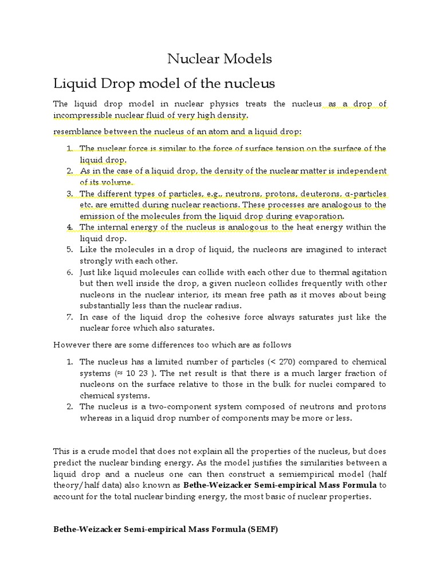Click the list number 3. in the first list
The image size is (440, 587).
click(x=69, y=194)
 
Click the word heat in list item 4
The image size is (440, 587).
click(x=305, y=228)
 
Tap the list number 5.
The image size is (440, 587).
click(x=69, y=250)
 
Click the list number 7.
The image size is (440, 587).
click(x=69, y=317)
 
